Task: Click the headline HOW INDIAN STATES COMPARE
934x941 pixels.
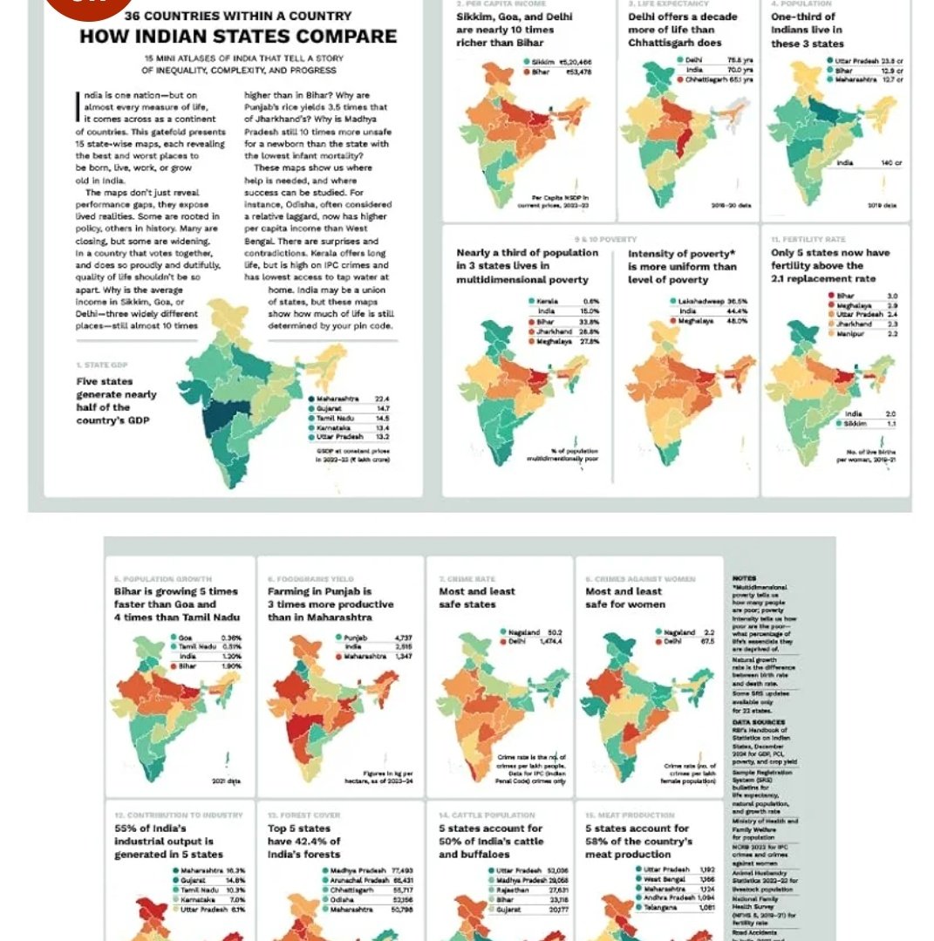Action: pos(238,36)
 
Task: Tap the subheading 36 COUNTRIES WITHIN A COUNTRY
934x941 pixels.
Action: pos(238,16)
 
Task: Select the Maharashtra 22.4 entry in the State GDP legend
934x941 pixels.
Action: pos(348,399)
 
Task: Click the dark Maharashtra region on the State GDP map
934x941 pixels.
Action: pos(221,412)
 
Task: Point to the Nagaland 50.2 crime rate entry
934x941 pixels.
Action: pos(533,631)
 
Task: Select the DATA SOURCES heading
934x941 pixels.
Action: pos(758,722)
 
